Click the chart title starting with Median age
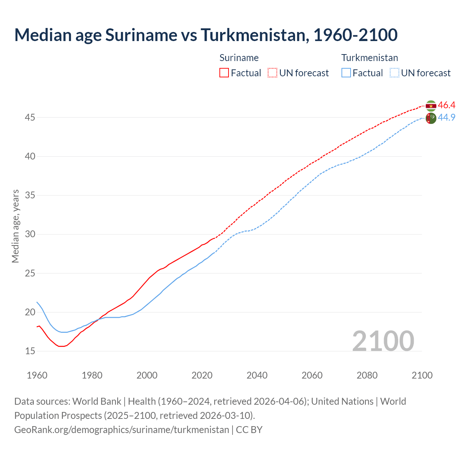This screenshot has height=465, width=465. tap(206, 35)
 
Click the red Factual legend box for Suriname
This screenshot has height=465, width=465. tap(224, 73)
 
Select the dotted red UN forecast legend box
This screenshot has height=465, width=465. tap(272, 73)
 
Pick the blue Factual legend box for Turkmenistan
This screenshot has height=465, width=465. tap(346, 73)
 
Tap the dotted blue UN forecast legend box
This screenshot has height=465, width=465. tap(394, 73)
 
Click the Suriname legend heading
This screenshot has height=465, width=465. tap(239, 58)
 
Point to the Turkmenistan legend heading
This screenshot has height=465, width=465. tap(369, 58)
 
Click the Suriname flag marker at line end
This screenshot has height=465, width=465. tap(431, 106)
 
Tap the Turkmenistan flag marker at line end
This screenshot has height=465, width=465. tap(431, 118)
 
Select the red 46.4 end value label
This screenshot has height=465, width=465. tap(446, 105)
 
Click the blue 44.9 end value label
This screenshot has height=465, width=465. tap(446, 117)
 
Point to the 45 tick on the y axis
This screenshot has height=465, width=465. tap(30, 117)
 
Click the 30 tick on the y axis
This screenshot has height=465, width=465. tap(30, 234)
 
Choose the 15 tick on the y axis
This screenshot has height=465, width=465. tap(30, 351)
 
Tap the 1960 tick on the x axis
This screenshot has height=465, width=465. tap(37, 375)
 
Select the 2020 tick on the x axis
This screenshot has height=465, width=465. tap(202, 375)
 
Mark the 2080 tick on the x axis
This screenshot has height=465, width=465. tap(367, 375)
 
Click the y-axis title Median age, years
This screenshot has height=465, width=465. tap(15, 226)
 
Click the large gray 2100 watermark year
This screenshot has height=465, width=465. tap(383, 341)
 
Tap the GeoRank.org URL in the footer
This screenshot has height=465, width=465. tap(122, 430)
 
